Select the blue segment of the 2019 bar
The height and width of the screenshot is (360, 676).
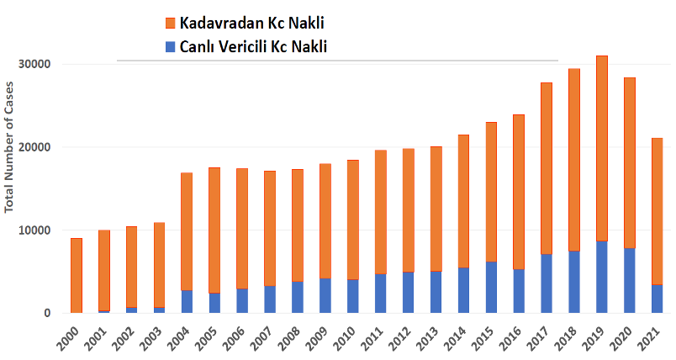coord(602,277)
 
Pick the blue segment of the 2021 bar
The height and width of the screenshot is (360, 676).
coord(658,299)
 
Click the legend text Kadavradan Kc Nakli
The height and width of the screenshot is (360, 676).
coord(251,23)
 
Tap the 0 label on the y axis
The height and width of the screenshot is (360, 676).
coord(48,313)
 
